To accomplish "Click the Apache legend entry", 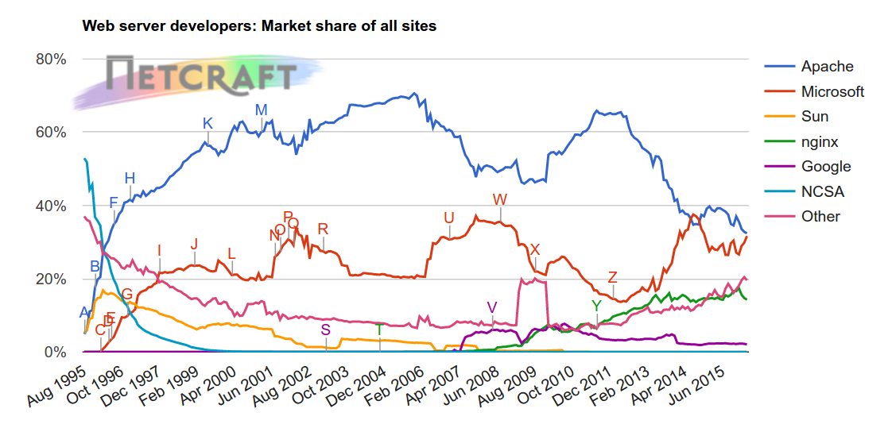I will [827, 67].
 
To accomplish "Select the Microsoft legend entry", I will [832, 91].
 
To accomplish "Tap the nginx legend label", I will [820, 141].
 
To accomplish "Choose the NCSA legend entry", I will [822, 191].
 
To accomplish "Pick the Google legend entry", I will [826, 167].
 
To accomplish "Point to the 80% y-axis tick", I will [49, 59].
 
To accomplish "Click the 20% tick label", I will [49, 279].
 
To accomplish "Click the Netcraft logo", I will [199, 75].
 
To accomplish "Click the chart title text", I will [259, 26].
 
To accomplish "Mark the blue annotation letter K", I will [207, 123].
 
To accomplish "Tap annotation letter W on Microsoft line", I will [499, 199].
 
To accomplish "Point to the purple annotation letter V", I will [492, 307].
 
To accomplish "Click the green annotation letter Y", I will [596, 306].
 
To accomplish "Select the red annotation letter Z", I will [612, 277].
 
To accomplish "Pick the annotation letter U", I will [449, 218].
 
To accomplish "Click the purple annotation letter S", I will [325, 330].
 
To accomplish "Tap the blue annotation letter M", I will [261, 110].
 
